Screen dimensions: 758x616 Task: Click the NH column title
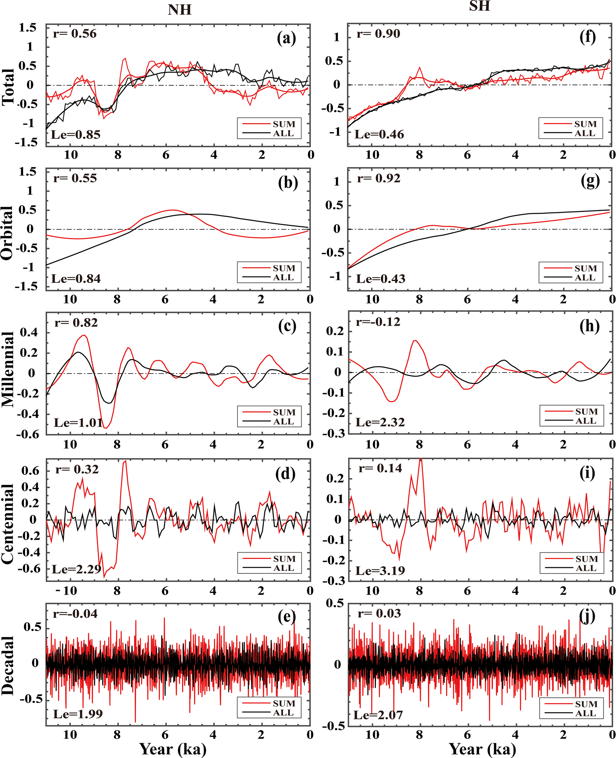180,10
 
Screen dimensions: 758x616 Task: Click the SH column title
479,6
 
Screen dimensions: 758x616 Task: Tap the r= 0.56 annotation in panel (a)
75,34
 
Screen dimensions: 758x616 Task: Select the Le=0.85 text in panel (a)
76,135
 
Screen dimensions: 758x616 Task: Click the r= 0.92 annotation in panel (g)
379,178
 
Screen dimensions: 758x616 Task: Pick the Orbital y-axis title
7,233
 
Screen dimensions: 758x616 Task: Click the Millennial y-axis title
7,369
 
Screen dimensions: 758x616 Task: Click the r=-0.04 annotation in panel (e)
75,613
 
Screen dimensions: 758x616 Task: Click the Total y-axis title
7,87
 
